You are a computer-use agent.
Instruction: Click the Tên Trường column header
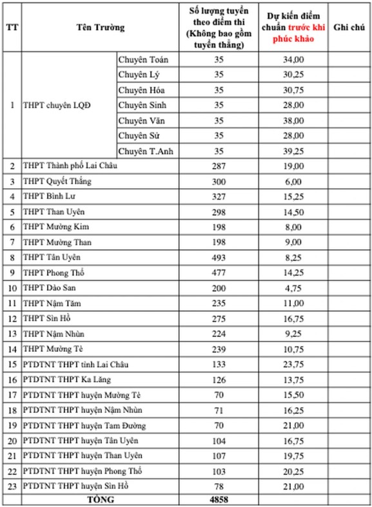point(100,28)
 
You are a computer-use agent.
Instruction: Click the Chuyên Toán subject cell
point(143,59)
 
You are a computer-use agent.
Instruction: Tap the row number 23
point(12,485)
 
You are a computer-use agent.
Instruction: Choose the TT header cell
point(12,28)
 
